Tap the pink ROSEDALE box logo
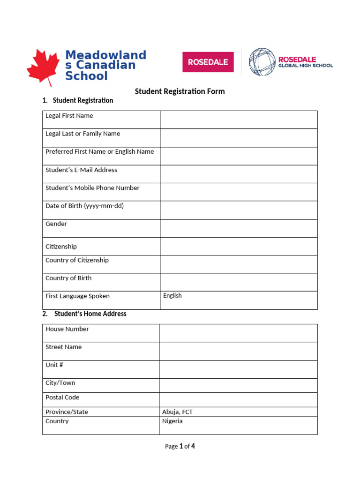[x=208, y=62]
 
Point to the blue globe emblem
[x=262, y=61]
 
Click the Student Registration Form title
[x=180, y=91]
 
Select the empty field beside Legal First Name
[x=239, y=120]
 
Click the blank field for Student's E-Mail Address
[x=239, y=174]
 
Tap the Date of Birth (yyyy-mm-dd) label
[x=84, y=206]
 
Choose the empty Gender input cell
[x=239, y=228]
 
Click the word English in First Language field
[x=172, y=296]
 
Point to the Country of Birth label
[x=68, y=278]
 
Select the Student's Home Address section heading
[x=90, y=314]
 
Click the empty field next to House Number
[x=238, y=333]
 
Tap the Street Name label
[x=63, y=347]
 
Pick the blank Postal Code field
[x=238, y=399]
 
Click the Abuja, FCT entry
[x=177, y=412]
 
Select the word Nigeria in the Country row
[x=172, y=421]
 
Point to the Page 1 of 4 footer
[x=180, y=446]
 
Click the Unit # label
[x=54, y=365]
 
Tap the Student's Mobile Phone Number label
[x=92, y=188]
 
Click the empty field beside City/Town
[x=238, y=385]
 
